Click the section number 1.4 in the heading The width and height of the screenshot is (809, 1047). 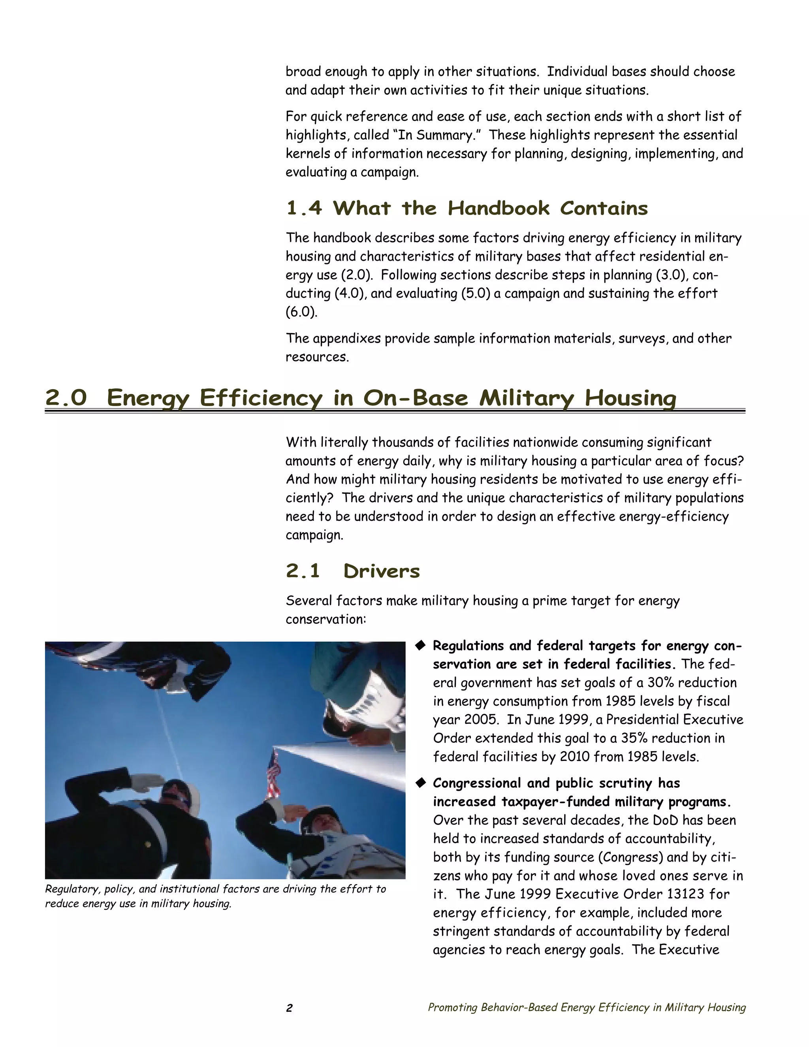pyautogui.click(x=303, y=209)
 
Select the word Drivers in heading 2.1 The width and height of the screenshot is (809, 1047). pyautogui.click(x=382, y=571)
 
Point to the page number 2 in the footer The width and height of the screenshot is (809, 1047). pyautogui.click(x=289, y=1008)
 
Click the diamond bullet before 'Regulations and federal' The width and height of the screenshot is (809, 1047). pyautogui.click(x=420, y=645)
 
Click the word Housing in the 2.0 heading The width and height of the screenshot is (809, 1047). pyautogui.click(x=630, y=398)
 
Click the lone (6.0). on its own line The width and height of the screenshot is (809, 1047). pyautogui.click(x=301, y=312)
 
